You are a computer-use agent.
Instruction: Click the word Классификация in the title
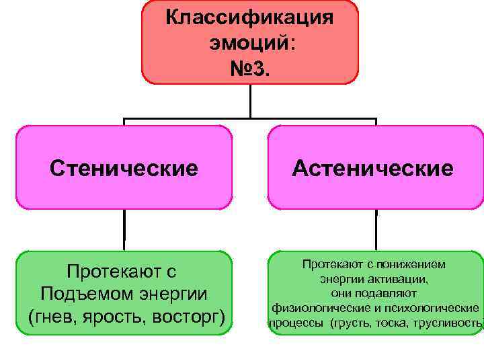coord(249,16)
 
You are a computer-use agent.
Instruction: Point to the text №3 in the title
coord(250,67)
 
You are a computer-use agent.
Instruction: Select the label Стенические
coord(124,167)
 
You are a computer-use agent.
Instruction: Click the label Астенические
coord(373,167)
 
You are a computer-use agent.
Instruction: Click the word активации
coord(402,279)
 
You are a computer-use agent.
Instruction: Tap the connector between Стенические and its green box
coord(124,230)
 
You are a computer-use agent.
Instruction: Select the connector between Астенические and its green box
coord(375,230)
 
